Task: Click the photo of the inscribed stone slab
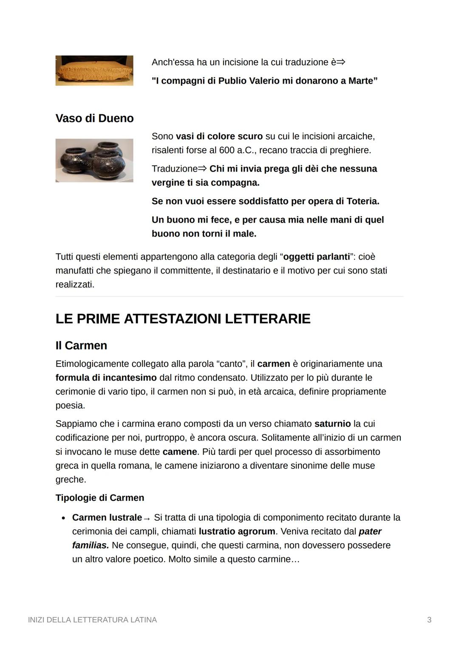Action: pyautogui.click(x=94, y=71)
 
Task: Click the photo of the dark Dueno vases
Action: pyautogui.click(x=94, y=160)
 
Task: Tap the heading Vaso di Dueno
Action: pyautogui.click(x=94, y=118)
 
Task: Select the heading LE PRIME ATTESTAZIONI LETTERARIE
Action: pyautogui.click(x=183, y=319)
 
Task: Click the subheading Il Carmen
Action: pyautogui.click(x=81, y=345)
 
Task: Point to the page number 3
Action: pyautogui.click(x=429, y=620)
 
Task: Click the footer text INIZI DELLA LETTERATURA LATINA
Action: pyautogui.click(x=92, y=620)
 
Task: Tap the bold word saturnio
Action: pyautogui.click(x=332, y=423)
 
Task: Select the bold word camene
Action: pyautogui.click(x=180, y=451)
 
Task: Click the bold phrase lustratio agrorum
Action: pyautogui.click(x=237, y=531)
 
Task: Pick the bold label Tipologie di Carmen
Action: pyautogui.click(x=99, y=498)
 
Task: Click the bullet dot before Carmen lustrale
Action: pyautogui.click(x=63, y=518)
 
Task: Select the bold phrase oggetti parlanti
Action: pyautogui.click(x=317, y=257)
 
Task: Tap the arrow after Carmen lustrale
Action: pyautogui.click(x=147, y=519)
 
